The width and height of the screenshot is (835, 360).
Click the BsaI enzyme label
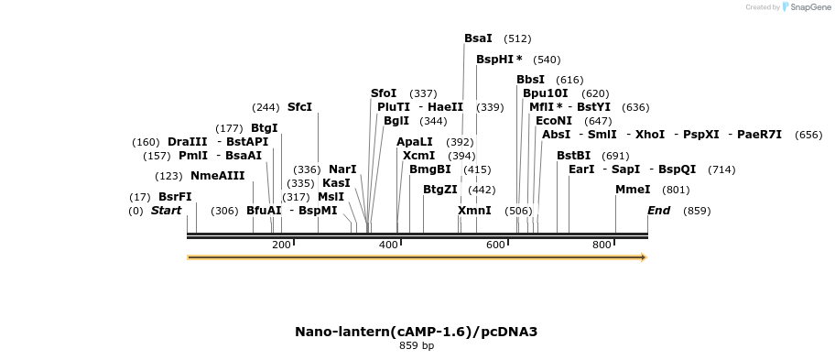tap(478, 38)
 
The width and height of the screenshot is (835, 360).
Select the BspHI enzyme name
tap(495, 60)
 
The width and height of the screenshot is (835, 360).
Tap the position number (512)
tap(517, 38)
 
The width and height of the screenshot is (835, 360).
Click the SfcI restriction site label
tap(299, 107)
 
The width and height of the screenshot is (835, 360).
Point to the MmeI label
tap(633, 190)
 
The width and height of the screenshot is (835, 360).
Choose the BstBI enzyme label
tap(573, 156)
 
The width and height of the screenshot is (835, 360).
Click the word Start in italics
tap(166, 211)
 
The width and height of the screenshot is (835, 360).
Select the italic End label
tap(658, 211)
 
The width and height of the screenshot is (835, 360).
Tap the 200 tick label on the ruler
tap(281, 245)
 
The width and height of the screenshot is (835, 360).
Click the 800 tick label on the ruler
tap(602, 245)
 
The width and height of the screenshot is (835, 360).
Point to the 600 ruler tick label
tap(495, 245)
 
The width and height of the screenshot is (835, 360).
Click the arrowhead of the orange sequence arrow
tap(644, 257)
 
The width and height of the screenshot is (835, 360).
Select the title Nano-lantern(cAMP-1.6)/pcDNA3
tap(416, 331)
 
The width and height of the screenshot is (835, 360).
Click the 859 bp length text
tap(417, 345)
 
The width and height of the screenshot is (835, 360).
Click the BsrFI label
tap(175, 197)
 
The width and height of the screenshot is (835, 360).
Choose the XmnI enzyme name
tap(474, 211)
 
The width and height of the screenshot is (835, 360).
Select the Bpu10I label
tap(545, 93)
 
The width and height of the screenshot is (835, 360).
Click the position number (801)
tap(676, 190)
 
